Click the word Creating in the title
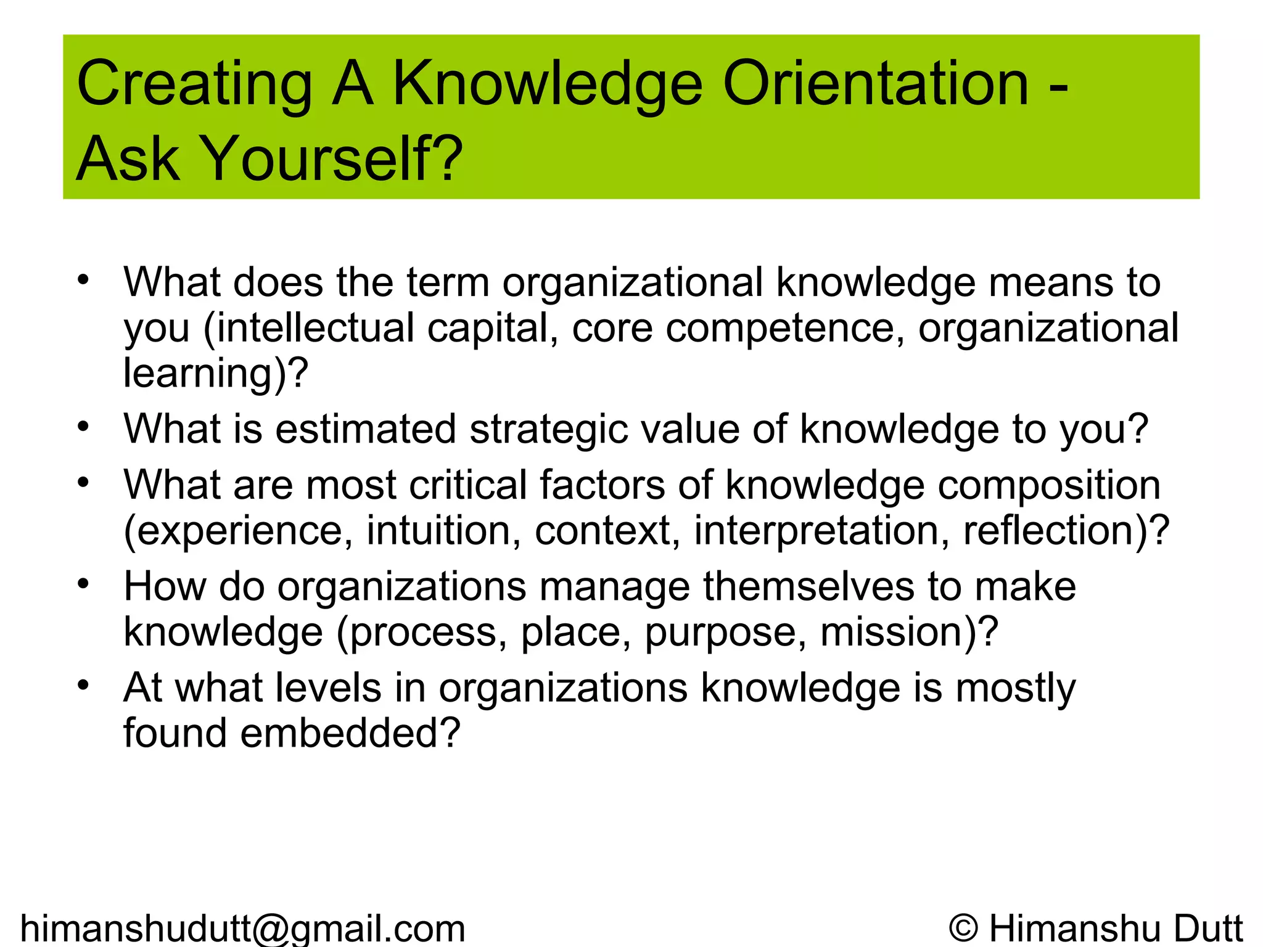(x=195, y=84)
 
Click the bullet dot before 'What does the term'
(x=83, y=280)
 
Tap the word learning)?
(x=215, y=373)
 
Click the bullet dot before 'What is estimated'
(x=83, y=426)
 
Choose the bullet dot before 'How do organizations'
(x=83, y=583)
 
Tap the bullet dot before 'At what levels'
(x=83, y=685)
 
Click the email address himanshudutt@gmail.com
(x=243, y=928)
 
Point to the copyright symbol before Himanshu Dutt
(x=964, y=928)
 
